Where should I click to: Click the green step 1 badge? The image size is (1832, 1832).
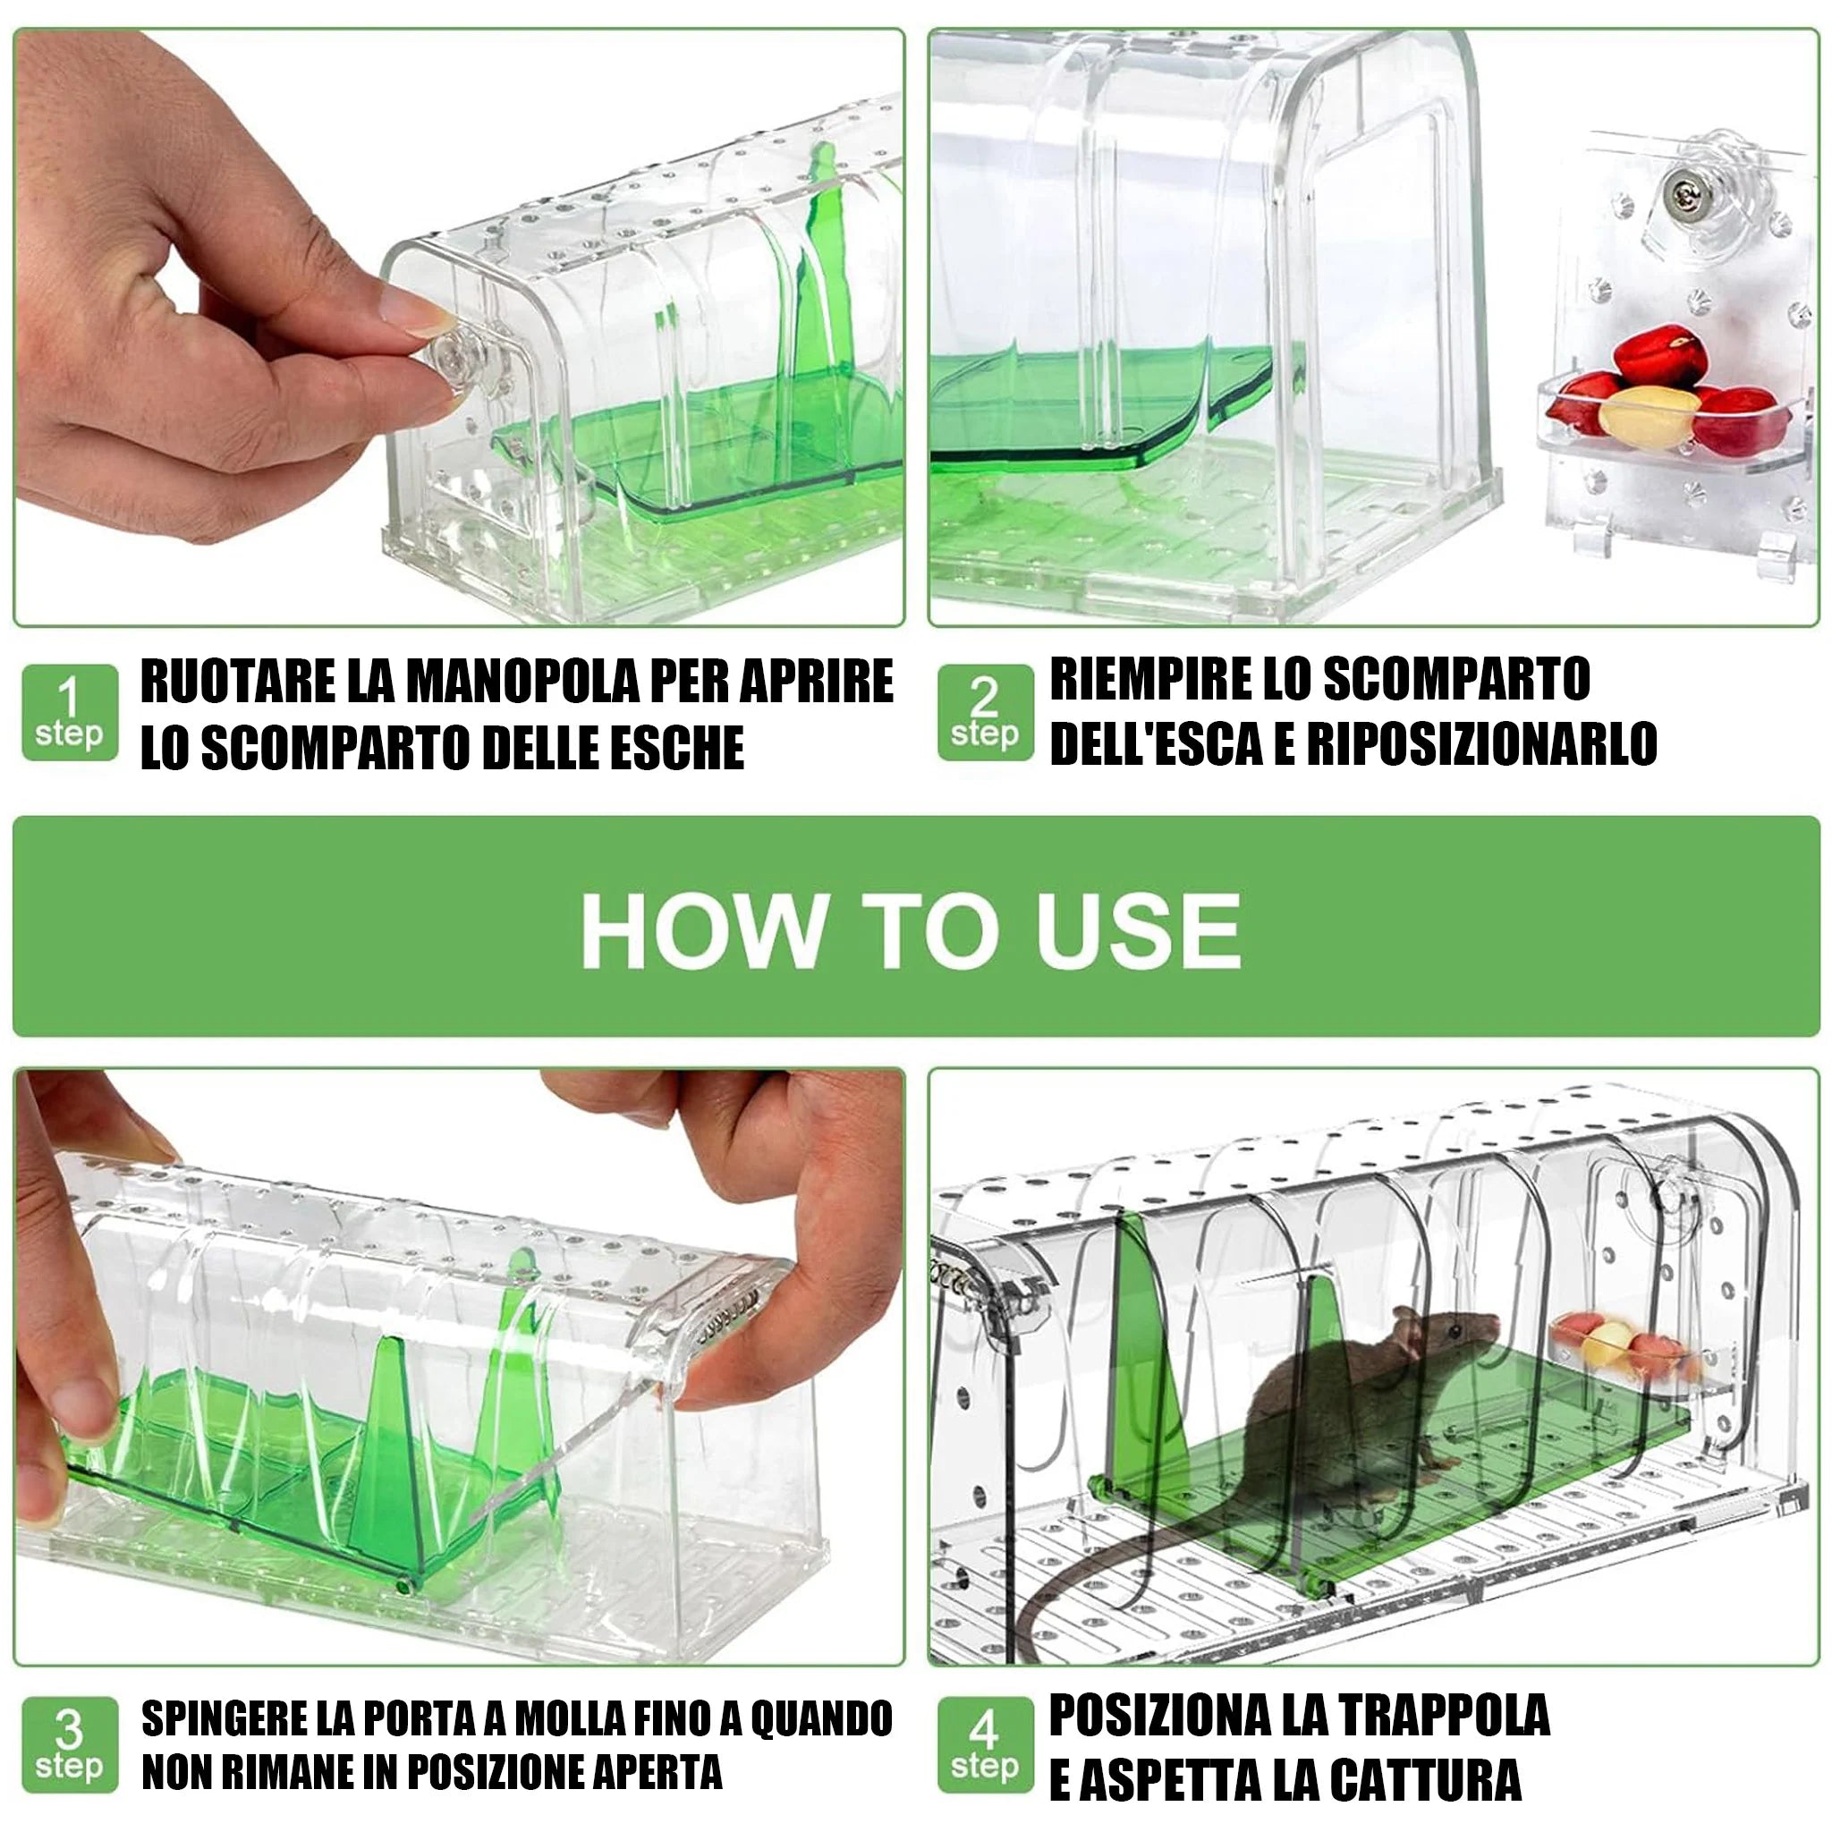pyautogui.click(x=69, y=712)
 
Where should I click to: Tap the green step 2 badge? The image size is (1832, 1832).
pyautogui.click(x=984, y=712)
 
